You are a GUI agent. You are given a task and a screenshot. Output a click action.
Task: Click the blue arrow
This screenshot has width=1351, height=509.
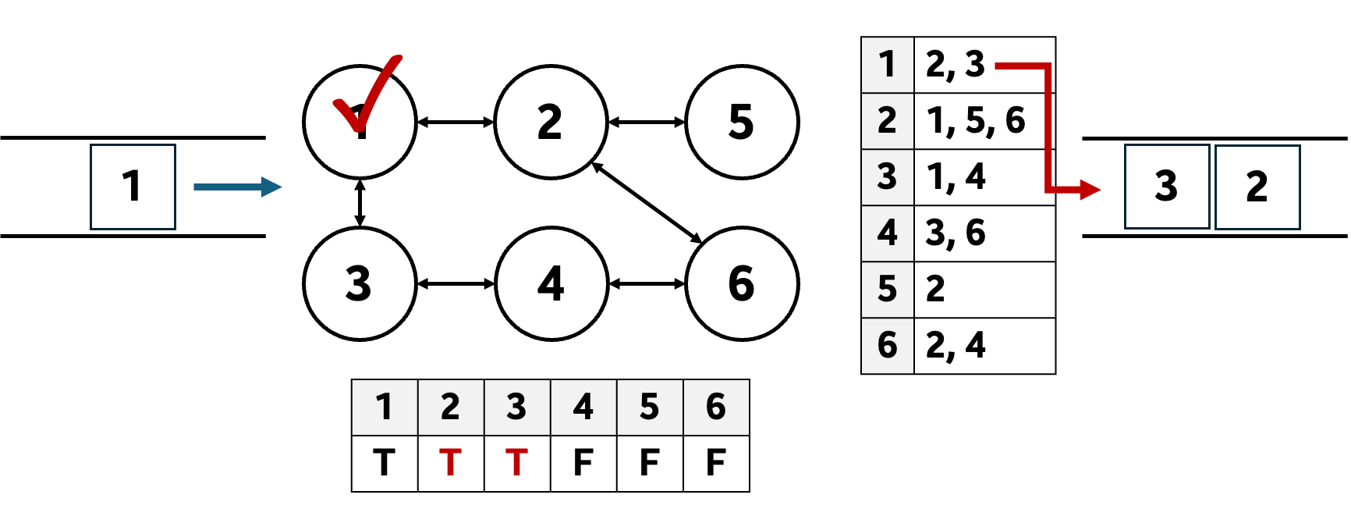point(237,187)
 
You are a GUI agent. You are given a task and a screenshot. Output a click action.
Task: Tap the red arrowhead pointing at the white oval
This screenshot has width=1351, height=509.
point(1090,189)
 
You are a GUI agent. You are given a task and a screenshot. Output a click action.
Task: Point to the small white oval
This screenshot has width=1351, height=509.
point(1108,190)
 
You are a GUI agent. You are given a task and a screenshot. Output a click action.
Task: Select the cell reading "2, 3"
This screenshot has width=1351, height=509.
point(956,65)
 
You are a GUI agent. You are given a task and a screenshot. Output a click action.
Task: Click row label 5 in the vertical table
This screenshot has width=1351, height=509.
point(888,290)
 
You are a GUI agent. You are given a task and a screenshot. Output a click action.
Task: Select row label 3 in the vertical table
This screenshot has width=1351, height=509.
point(888,177)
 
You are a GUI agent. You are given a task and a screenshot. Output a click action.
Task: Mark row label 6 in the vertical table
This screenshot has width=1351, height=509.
point(888,345)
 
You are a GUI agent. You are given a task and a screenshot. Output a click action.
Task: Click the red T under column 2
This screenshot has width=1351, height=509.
point(451,463)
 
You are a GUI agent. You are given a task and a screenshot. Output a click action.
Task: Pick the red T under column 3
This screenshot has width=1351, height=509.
point(517,463)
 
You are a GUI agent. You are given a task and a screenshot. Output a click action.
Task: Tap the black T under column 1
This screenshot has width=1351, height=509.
point(385,463)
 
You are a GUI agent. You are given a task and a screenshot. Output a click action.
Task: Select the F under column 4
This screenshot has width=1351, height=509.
point(583,463)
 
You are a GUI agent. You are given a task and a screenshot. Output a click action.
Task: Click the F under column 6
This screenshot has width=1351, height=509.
point(716,463)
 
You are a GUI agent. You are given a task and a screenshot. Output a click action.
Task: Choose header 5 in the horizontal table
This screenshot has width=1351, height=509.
point(650,408)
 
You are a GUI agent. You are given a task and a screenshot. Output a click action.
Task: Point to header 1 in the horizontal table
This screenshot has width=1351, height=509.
point(385,408)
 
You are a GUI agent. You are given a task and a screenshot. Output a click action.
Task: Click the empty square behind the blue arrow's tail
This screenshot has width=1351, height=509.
point(133,187)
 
